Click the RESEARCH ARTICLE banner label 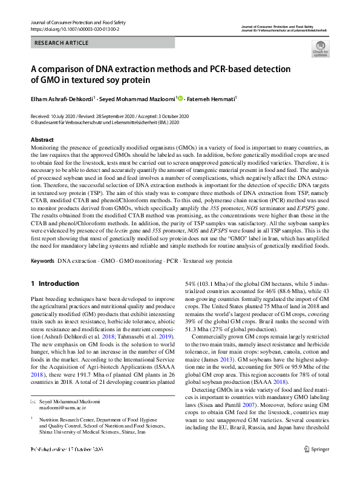62,43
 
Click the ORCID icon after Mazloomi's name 180,97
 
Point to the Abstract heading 42,140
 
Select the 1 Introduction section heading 54,283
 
